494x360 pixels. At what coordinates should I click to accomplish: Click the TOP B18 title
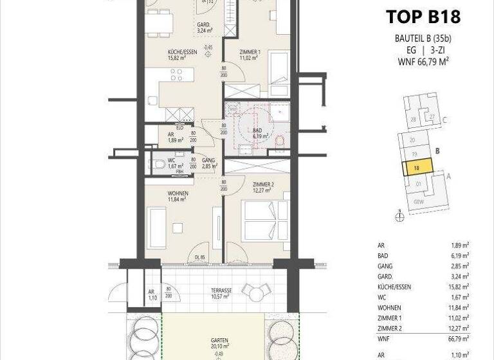coord(423,16)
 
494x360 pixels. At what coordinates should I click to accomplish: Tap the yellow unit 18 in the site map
coord(416,169)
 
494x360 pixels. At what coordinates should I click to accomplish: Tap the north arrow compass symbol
coord(399,217)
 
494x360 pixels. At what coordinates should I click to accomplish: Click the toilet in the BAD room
coord(278,141)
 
